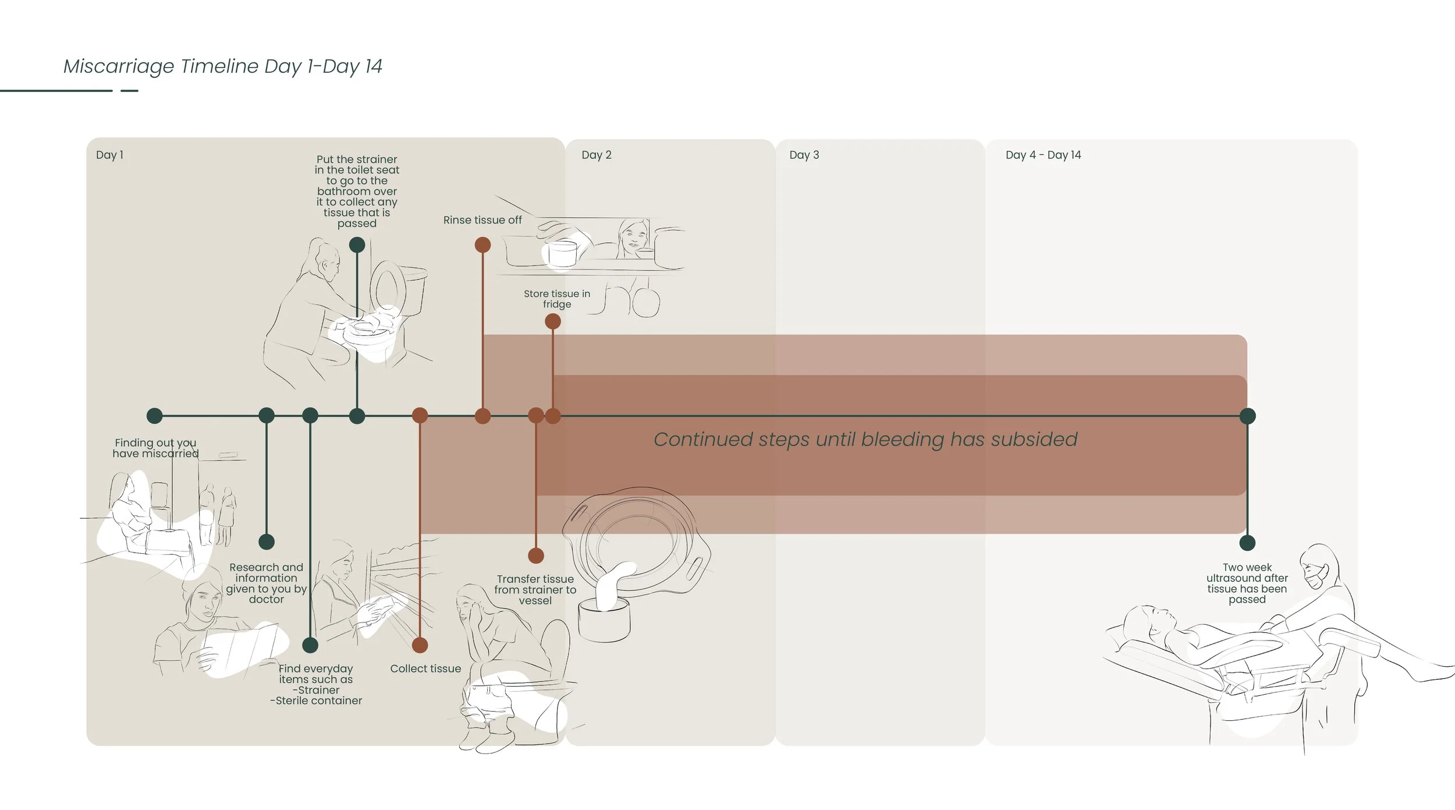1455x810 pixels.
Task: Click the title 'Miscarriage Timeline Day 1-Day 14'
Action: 222,66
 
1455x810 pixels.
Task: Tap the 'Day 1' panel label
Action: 109,155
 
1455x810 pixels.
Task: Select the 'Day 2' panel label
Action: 596,155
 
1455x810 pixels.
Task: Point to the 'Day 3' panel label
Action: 804,155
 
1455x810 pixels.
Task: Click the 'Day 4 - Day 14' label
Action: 1043,155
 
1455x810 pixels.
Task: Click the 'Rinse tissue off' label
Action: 482,220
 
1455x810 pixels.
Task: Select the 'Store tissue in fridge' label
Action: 556,299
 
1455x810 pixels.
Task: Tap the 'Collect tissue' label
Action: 425,668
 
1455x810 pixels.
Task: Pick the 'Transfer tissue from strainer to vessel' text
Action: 535,589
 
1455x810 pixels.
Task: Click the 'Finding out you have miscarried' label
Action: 155,448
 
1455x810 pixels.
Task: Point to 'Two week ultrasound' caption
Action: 1247,583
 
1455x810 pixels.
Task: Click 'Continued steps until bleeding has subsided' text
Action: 865,439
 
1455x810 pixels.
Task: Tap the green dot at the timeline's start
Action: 154,416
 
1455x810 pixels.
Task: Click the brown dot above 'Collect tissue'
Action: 420,645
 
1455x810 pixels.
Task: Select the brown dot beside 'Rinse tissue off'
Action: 482,245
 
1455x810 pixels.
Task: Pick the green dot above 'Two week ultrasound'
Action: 1247,543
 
